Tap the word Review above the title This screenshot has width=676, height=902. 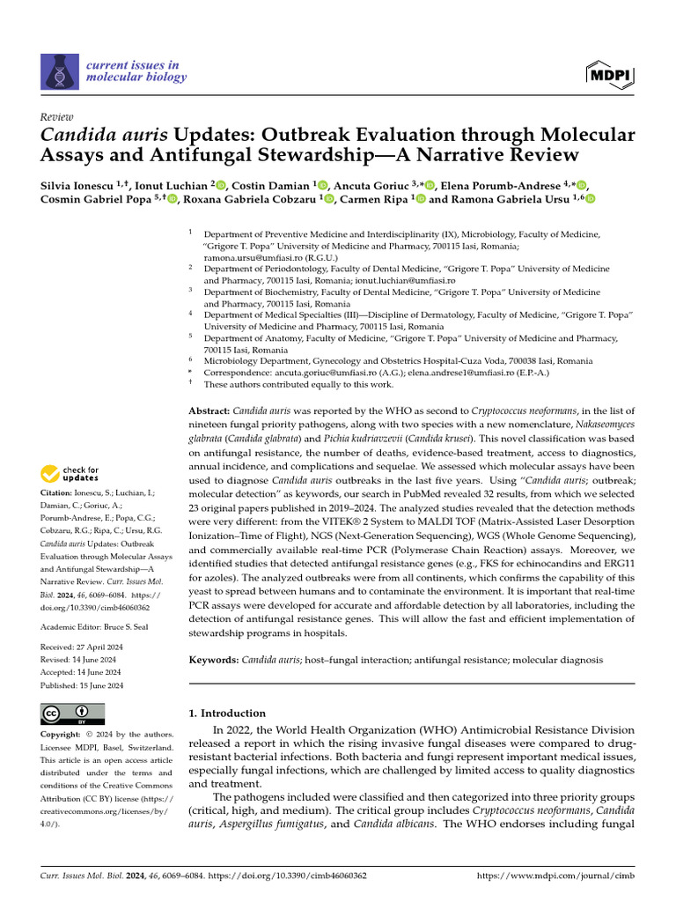pos(57,117)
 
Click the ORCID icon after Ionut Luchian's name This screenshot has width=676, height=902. pos(220,185)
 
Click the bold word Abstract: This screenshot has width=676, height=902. pos(210,411)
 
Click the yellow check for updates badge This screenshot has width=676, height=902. pos(70,474)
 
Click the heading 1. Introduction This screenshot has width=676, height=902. pos(228,713)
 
